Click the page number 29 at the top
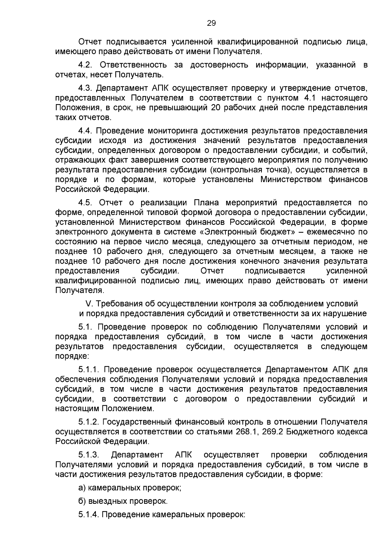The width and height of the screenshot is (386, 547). point(211,23)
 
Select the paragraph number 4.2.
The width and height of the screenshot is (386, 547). point(85,65)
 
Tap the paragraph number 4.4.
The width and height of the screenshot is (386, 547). point(85,131)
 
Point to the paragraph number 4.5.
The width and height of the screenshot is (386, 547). point(85,202)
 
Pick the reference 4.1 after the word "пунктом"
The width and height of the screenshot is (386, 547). point(310,98)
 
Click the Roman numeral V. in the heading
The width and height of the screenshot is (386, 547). point(88,304)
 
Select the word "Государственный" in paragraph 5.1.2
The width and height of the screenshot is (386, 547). point(138,422)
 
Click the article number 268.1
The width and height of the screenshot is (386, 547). point(244,431)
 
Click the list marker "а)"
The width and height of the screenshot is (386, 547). point(82,487)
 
